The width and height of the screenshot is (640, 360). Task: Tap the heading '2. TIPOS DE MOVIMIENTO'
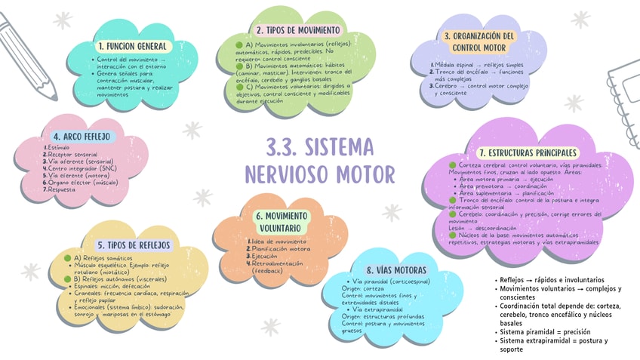pos(297,30)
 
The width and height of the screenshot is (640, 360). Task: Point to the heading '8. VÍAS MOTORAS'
pos(397,270)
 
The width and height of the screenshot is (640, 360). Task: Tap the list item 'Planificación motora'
pos(281,248)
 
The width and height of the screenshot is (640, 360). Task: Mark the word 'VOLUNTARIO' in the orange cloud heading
pos(282,228)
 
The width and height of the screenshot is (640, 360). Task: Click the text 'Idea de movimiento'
pos(279,241)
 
